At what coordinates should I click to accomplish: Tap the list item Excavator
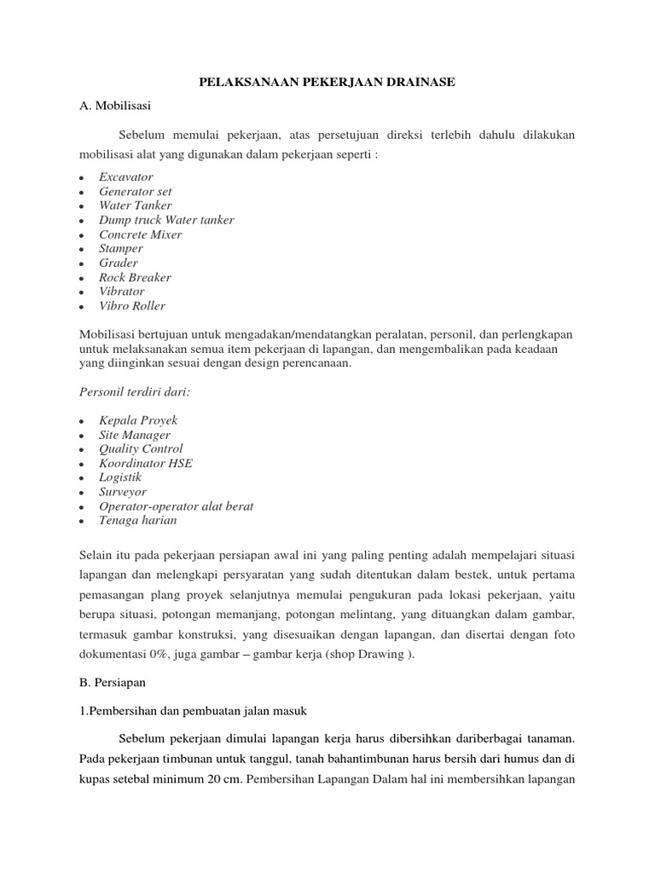[x=126, y=176]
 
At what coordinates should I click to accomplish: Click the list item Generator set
[x=136, y=191]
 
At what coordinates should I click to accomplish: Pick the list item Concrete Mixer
[x=141, y=234]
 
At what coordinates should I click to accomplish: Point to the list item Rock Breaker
[x=135, y=277]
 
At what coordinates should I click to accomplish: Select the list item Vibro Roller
[x=132, y=306]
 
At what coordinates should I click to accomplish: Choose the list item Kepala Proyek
[x=138, y=420]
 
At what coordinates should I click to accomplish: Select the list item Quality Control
[x=141, y=448]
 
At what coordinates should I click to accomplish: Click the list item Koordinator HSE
[x=146, y=463]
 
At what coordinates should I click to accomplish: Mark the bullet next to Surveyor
[x=80, y=493]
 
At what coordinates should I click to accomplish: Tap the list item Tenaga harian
[x=138, y=520]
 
